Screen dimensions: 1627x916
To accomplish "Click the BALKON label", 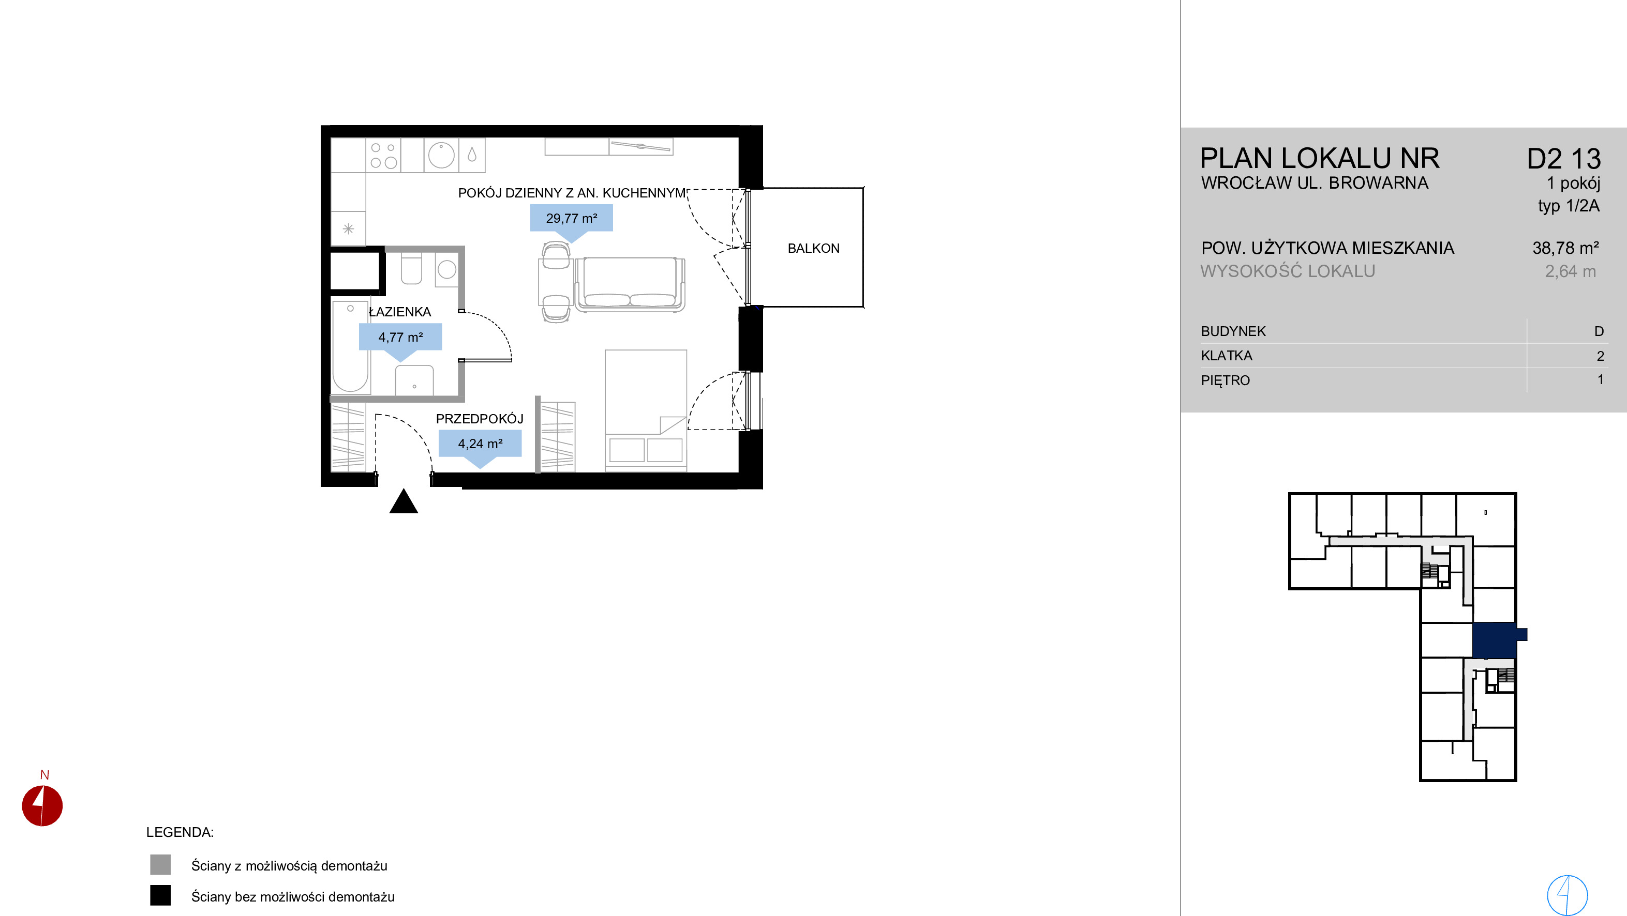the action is (813, 248).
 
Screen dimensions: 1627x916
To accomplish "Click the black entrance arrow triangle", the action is (404, 501).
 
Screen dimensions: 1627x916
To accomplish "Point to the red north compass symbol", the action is (42, 805).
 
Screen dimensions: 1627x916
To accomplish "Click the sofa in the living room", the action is (630, 284).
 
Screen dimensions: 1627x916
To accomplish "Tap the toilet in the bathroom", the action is (411, 269).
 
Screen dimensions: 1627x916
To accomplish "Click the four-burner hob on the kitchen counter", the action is (383, 155).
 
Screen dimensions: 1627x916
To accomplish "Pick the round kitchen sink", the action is (441, 155).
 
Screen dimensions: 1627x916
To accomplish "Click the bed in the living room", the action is (646, 410).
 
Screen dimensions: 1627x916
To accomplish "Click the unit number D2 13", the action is (1563, 159).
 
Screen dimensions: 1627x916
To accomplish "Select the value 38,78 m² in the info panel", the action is (1565, 248).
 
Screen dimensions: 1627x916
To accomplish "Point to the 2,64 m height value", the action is (1570, 271).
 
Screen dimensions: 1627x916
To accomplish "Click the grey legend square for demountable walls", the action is (160, 865).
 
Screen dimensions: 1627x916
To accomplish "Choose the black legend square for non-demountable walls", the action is (160, 895).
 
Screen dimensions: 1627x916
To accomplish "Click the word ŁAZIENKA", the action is (400, 311).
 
